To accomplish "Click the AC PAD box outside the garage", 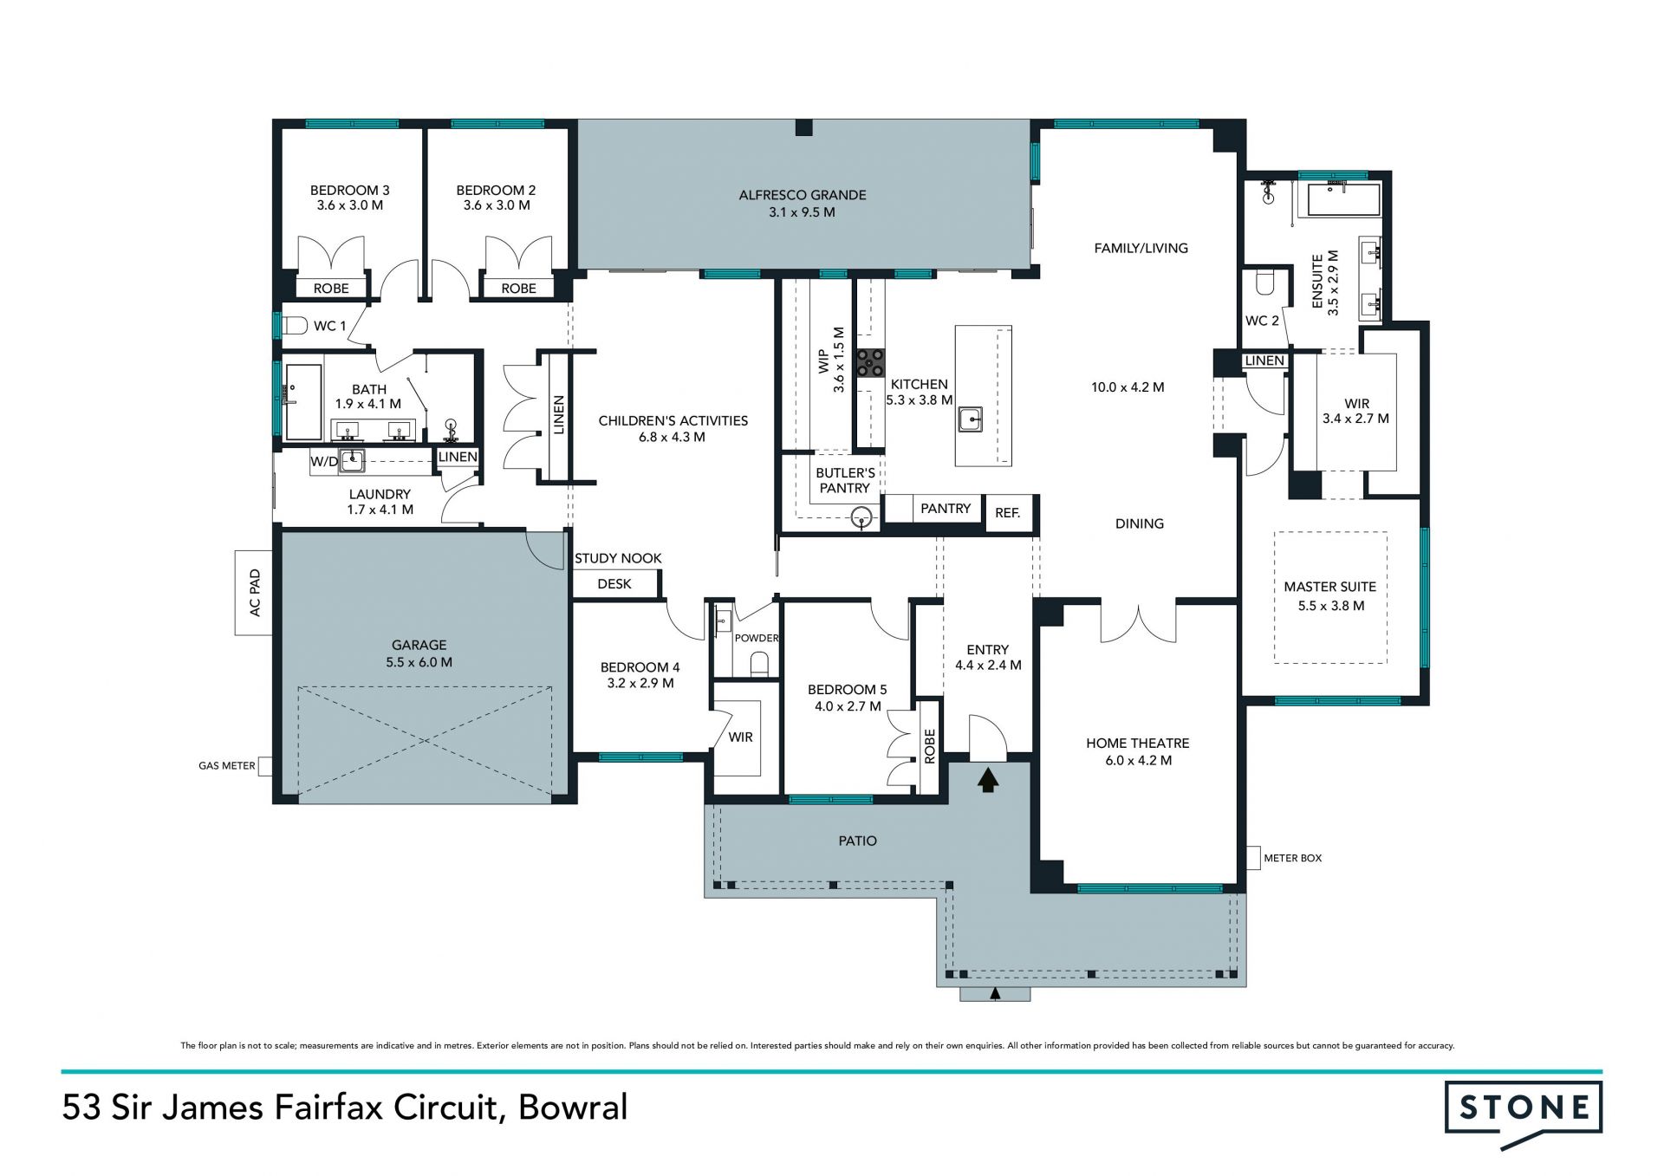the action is pos(254,593).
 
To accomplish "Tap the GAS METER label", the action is pos(227,766).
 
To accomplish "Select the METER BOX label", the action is pos(1293,858).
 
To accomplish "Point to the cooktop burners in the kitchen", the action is pos(871,362).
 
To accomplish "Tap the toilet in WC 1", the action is pos(296,326).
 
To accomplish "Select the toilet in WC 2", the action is pos(1263,283).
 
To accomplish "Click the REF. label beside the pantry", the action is pos(1007,513).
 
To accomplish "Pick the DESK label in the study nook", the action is pos(614,584).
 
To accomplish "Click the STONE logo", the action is pos(1524,1114).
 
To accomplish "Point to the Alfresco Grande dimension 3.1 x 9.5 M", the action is pos(802,212).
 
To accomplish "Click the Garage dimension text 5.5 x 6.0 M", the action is pos(419,662).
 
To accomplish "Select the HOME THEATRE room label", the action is pos(1138,744).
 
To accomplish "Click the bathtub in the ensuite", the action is pos(1343,199).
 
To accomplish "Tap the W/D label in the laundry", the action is pos(324,462).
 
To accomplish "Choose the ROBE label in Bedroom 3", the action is pos(331,289).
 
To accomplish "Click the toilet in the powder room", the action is pos(759,665).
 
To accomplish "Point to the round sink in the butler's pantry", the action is pos(861,519).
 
